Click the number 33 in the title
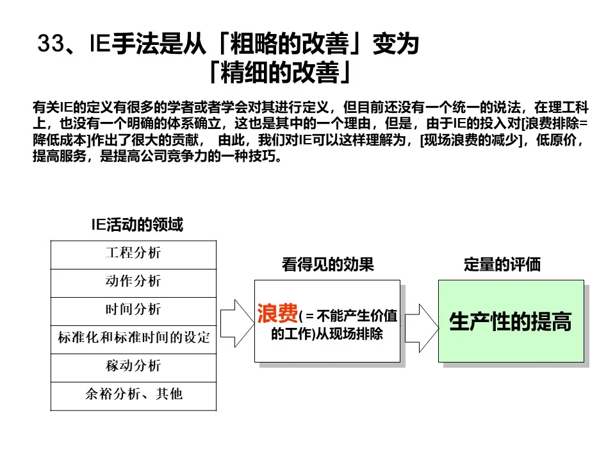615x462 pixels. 51,45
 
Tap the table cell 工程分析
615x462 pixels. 133,253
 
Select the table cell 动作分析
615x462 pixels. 133,281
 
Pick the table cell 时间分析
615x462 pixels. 133,309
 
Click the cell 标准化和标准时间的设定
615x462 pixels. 133,338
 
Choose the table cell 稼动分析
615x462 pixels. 133,366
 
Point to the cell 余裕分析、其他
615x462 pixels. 133,394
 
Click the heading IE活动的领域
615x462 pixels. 136,225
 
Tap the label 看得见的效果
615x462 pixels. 327,264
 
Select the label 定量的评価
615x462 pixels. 502,264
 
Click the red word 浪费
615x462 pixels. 277,314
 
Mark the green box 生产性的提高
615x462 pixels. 511,321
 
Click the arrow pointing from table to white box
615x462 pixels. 237,321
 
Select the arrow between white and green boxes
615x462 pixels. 421,321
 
